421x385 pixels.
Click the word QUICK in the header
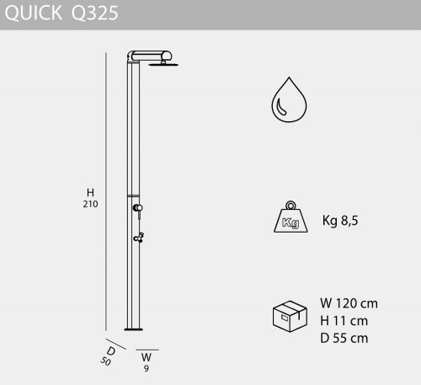click(34, 13)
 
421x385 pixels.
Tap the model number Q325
click(94, 13)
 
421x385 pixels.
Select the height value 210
click(90, 204)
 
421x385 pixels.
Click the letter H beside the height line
click(90, 193)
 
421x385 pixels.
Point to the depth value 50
click(105, 361)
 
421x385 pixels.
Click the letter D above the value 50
click(111, 351)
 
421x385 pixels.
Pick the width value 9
click(147, 368)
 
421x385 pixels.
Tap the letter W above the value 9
click(147, 357)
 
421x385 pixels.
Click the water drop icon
click(289, 99)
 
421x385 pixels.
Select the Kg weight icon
click(290, 217)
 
